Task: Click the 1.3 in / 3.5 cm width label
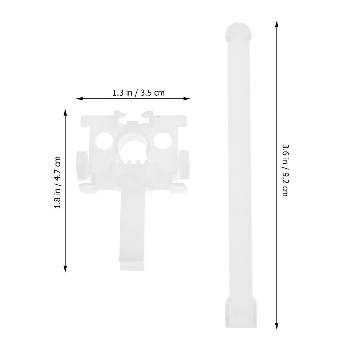(138, 93)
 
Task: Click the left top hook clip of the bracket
(119, 115)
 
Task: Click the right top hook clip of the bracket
(147, 115)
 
